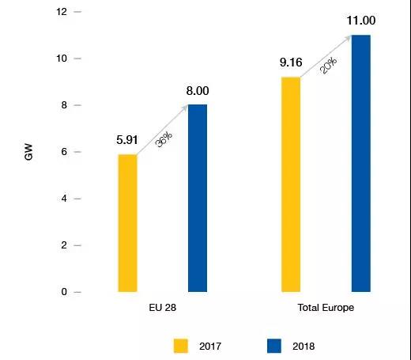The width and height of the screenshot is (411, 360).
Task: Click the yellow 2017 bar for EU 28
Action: (127, 223)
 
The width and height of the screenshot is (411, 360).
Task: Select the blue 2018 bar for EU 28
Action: (198, 198)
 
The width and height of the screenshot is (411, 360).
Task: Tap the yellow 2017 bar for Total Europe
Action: (290, 184)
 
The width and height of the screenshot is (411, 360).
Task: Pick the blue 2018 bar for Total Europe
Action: (360, 163)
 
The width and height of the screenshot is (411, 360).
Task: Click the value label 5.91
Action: (127, 141)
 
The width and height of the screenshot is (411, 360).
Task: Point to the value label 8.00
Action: (198, 91)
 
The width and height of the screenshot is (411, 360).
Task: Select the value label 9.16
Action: (290, 64)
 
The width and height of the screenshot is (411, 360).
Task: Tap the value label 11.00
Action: (360, 21)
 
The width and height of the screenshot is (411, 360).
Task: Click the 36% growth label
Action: (164, 141)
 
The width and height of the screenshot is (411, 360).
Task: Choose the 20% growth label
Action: (326, 65)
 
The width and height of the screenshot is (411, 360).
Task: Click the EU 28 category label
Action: (162, 307)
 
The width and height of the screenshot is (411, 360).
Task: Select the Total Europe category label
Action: (326, 307)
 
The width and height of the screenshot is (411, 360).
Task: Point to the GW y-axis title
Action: (29, 153)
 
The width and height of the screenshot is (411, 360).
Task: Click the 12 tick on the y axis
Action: (62, 12)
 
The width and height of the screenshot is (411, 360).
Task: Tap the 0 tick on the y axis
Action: (65, 292)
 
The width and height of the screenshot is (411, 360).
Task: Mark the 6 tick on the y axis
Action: (65, 152)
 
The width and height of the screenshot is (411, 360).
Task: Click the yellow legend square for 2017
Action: (181, 345)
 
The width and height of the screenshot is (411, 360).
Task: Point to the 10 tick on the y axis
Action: (62, 59)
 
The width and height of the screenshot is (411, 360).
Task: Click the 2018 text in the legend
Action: (304, 346)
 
